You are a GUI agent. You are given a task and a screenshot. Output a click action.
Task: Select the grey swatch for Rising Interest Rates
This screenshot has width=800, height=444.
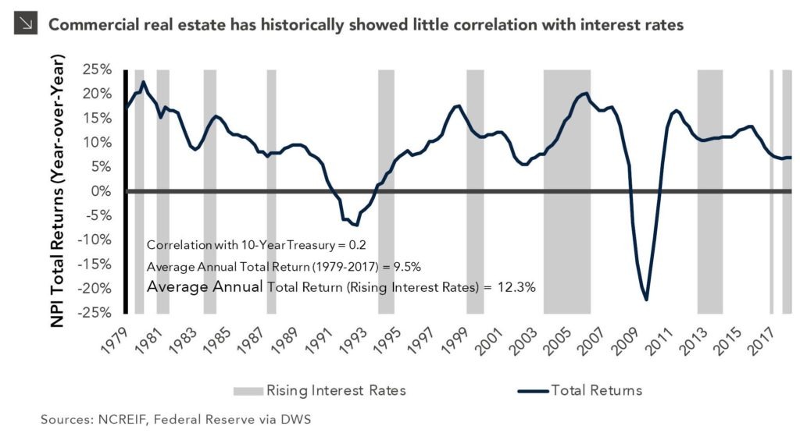pos(247,389)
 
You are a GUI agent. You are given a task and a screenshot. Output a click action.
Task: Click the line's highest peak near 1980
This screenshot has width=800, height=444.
pos(143,82)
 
